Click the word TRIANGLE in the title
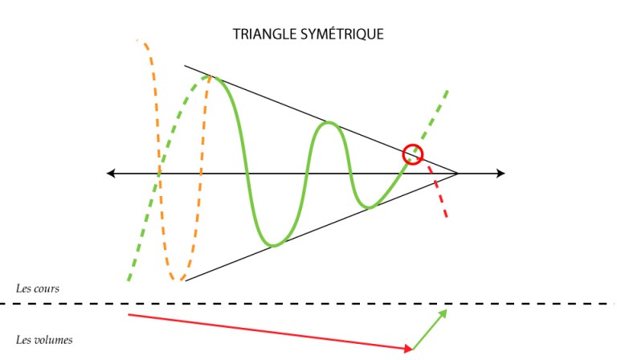(265, 35)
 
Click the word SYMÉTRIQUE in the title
(342, 34)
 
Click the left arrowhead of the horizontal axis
(111, 173)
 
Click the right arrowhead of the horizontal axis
(501, 173)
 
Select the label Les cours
(38, 288)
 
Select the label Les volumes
(44, 340)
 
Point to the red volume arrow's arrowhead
(409, 348)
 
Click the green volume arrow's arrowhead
(443, 313)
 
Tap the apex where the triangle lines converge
(458, 173)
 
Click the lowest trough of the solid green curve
(274, 246)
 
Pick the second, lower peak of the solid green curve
(329, 123)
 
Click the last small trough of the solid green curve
(369, 207)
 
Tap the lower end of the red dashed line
(447, 217)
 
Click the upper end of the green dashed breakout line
(447, 92)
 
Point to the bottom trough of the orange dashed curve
(176, 279)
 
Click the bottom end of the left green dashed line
(129, 280)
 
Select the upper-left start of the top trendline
(185, 66)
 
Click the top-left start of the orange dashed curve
(137, 40)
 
